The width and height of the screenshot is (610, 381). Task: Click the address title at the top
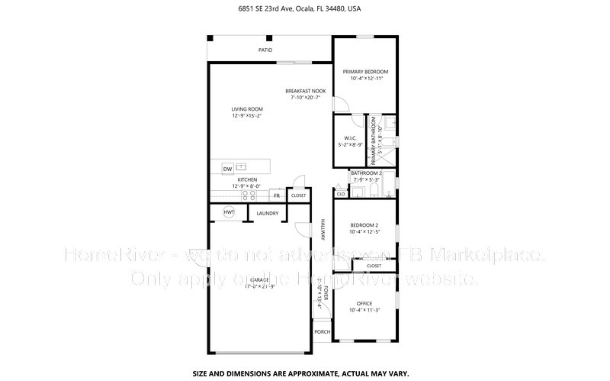304,9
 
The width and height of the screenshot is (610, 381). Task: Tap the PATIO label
265,50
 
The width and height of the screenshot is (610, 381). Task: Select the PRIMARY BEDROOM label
364,72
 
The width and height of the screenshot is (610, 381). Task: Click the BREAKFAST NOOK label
305,91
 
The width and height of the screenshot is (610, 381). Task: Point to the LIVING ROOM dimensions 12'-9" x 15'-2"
247,116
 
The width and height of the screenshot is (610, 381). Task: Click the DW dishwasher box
227,168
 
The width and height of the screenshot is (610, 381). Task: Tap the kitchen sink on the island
242,166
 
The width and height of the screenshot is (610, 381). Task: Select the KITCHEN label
247,179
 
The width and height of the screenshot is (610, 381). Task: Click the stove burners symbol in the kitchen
249,194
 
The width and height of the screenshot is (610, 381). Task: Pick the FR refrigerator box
277,195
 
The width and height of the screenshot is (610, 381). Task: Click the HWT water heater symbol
228,212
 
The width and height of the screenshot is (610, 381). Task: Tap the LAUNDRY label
266,213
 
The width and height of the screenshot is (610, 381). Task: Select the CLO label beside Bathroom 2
340,193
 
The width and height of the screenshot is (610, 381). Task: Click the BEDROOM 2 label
364,225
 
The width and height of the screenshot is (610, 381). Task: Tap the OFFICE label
364,303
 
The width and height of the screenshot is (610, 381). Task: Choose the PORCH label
323,332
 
